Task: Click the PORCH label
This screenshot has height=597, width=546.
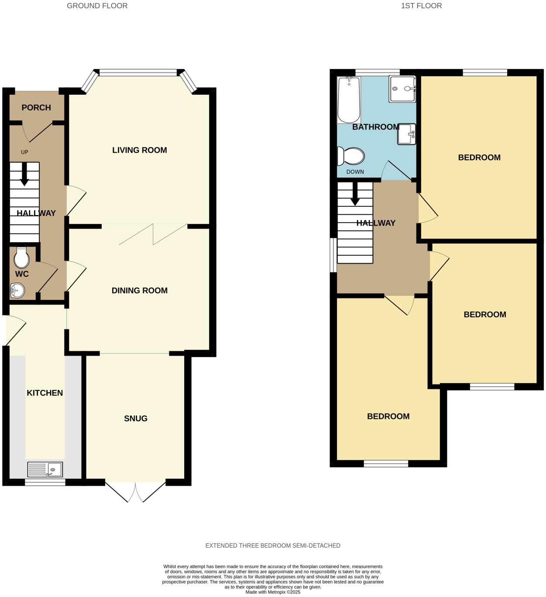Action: [36, 107]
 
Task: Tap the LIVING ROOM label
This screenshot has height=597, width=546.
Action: [139, 150]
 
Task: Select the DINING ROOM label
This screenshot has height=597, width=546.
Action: [139, 291]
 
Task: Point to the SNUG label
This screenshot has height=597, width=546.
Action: [136, 419]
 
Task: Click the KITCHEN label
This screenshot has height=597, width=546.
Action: [45, 393]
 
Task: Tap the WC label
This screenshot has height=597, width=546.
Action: [22, 274]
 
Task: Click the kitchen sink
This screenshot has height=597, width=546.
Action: [45, 470]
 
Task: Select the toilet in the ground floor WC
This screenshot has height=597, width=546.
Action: [21, 257]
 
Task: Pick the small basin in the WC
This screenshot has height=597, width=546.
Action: [18, 290]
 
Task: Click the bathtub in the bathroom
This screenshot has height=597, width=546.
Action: [349, 100]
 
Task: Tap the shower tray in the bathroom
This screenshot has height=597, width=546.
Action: [402, 89]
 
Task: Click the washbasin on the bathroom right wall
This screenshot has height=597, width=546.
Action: [406, 134]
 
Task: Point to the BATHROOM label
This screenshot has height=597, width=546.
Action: [376, 127]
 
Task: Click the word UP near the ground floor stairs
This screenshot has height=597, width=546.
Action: [24, 152]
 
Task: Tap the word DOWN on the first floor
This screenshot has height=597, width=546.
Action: [355, 172]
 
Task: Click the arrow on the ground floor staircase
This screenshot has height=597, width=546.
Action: [24, 174]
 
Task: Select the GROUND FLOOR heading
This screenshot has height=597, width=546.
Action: [97, 6]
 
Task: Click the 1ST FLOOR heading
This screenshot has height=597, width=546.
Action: [421, 6]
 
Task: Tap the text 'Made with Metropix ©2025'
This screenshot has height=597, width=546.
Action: [273, 592]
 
